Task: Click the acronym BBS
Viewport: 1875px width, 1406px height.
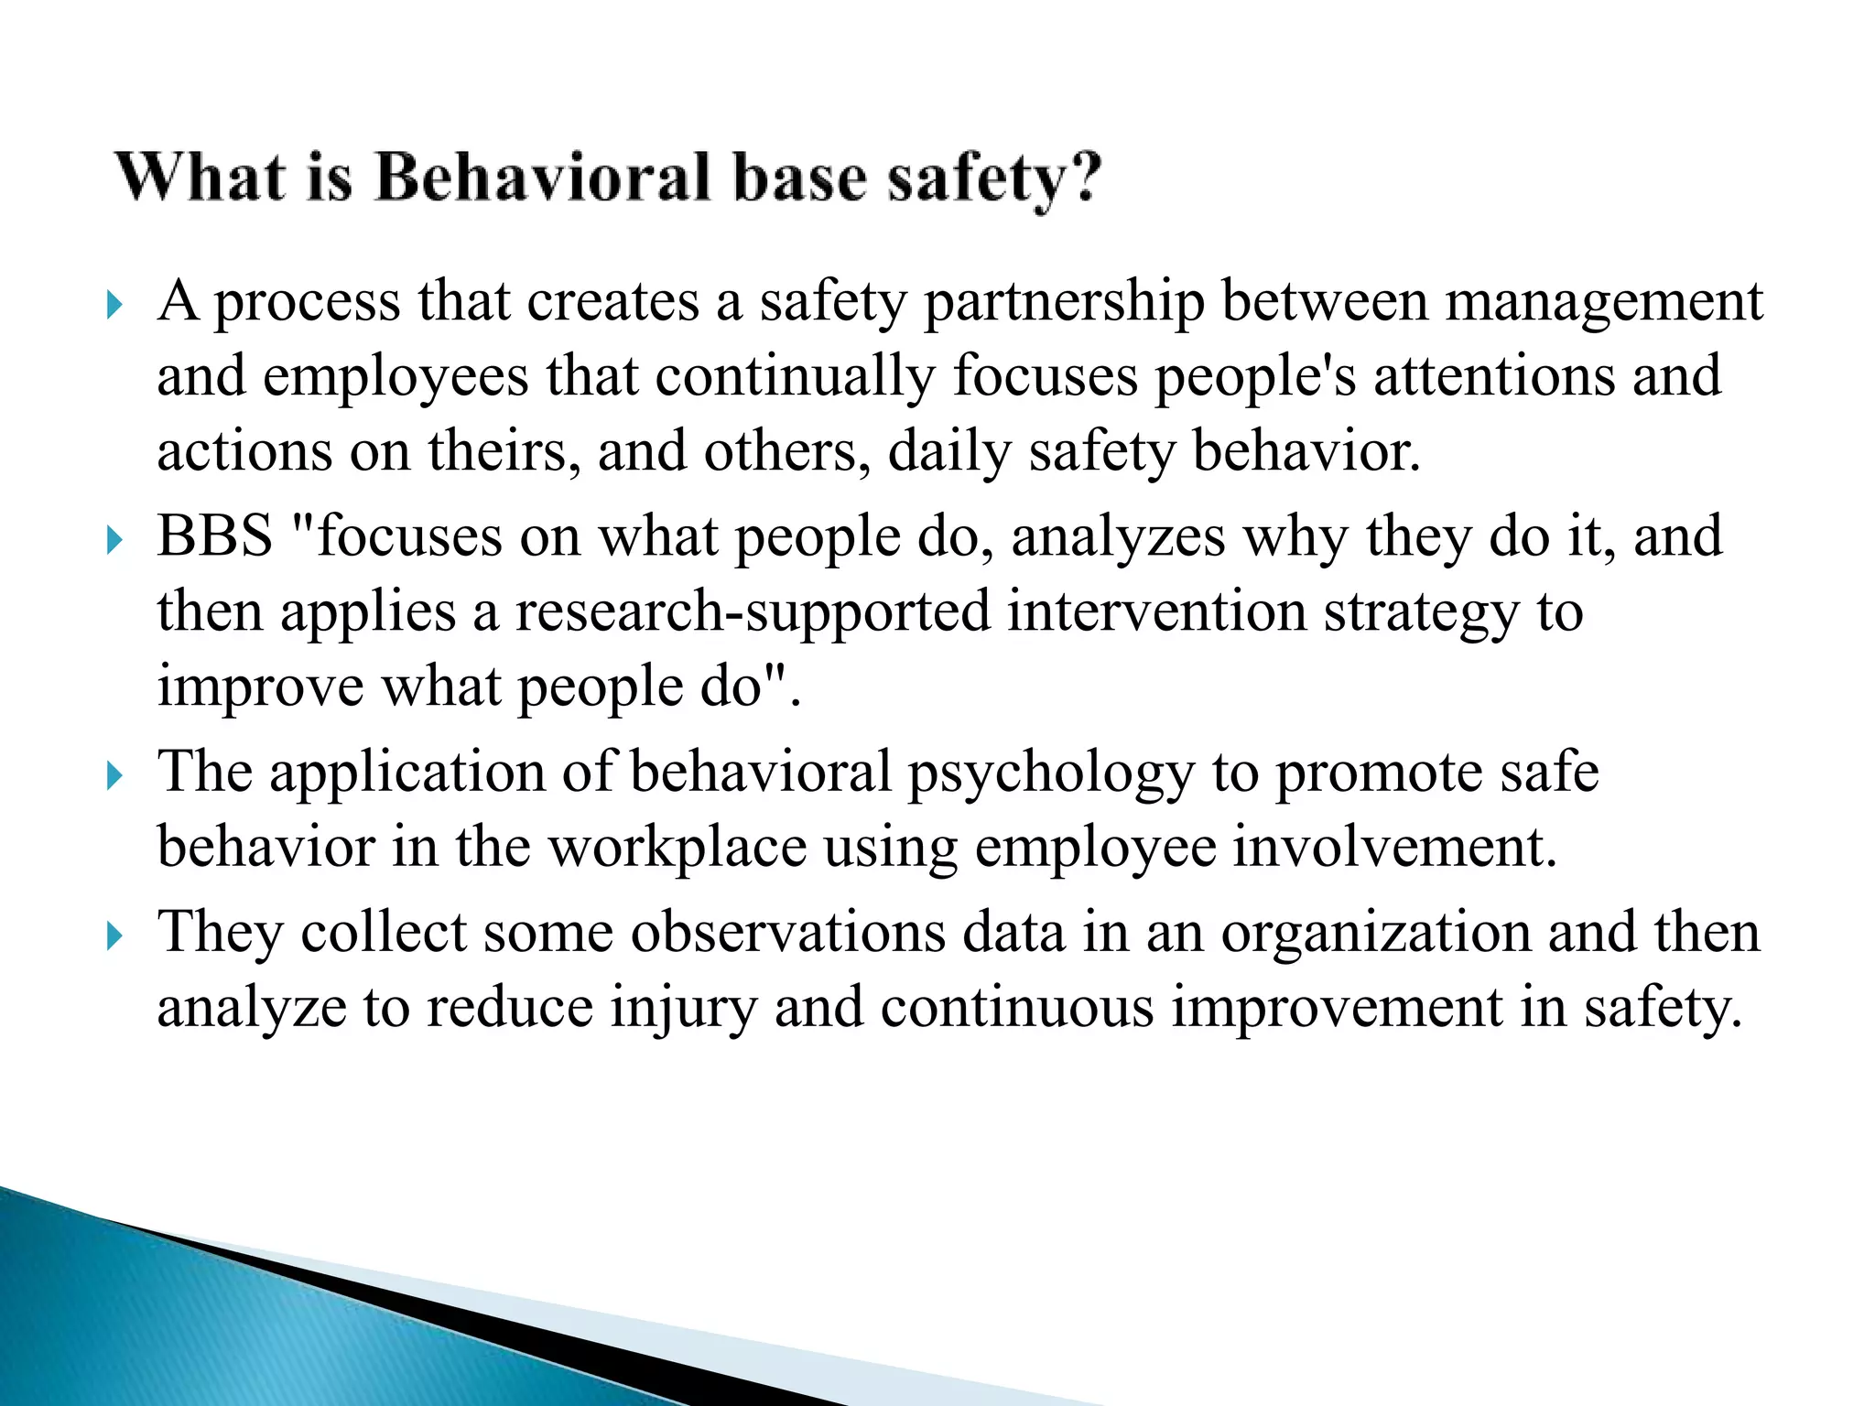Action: point(215,535)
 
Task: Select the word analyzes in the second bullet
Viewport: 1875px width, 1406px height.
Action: point(1118,537)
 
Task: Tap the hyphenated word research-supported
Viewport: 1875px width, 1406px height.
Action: point(753,612)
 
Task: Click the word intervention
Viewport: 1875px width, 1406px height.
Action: point(1156,611)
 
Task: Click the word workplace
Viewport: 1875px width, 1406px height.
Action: point(677,847)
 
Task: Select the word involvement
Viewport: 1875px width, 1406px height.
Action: point(1394,847)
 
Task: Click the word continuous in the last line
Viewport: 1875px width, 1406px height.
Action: point(1017,1007)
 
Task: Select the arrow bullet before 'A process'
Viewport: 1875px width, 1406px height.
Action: point(114,305)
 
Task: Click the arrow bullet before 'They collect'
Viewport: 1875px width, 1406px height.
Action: point(114,936)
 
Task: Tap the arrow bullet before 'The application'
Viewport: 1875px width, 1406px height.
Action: point(114,776)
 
